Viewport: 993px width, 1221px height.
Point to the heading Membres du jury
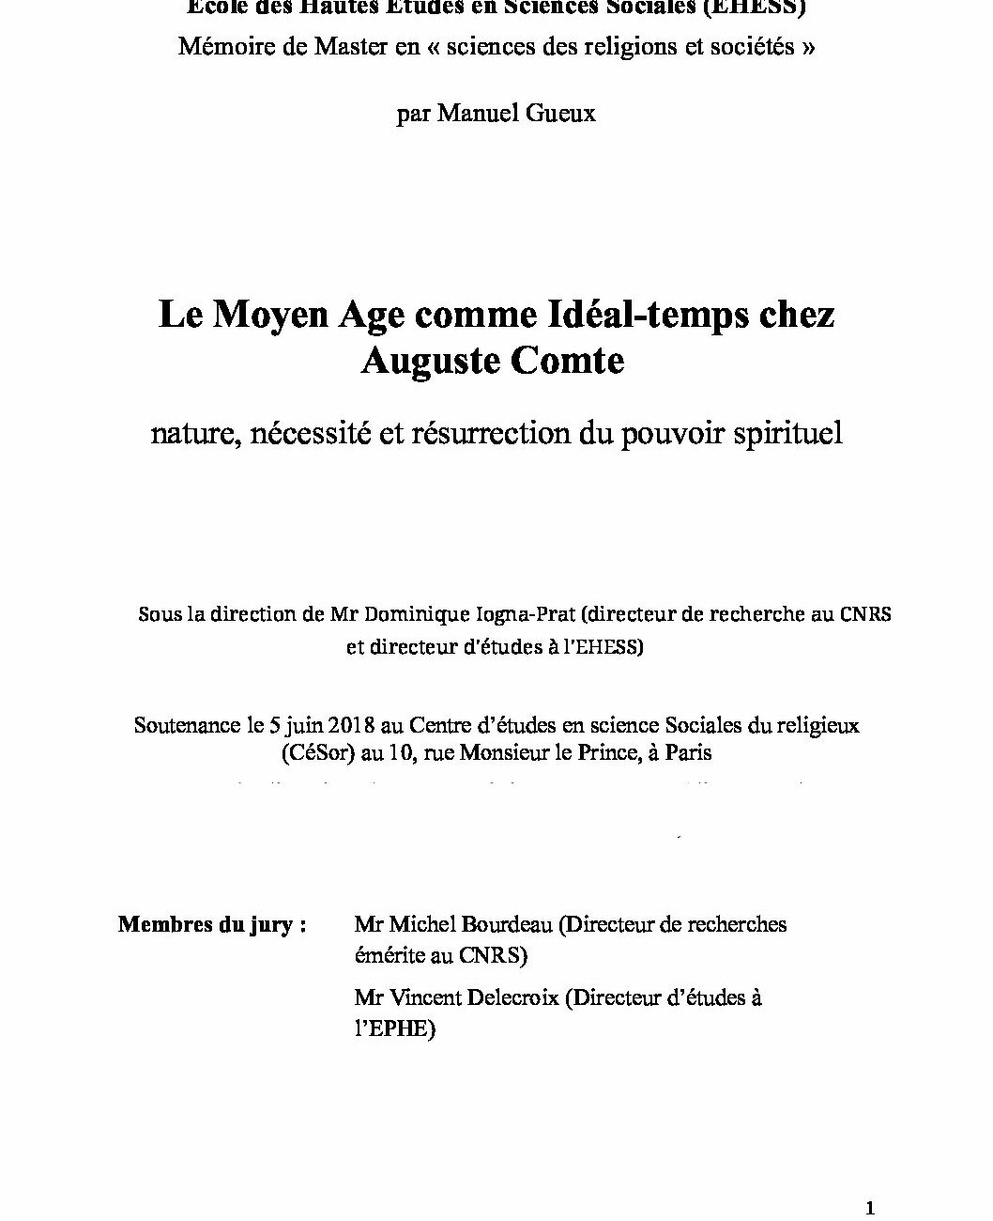[x=212, y=924]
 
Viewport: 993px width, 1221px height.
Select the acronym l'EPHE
[x=394, y=1029]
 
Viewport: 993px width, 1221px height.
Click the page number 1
[x=870, y=1208]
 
